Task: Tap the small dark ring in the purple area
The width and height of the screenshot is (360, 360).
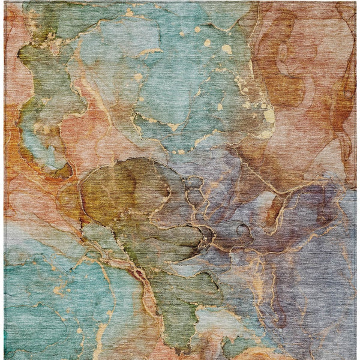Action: point(244,229)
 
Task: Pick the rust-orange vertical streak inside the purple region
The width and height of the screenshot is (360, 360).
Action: point(275,210)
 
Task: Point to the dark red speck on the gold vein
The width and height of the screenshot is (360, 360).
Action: point(140,275)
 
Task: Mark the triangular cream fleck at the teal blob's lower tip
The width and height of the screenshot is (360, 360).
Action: point(175,127)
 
